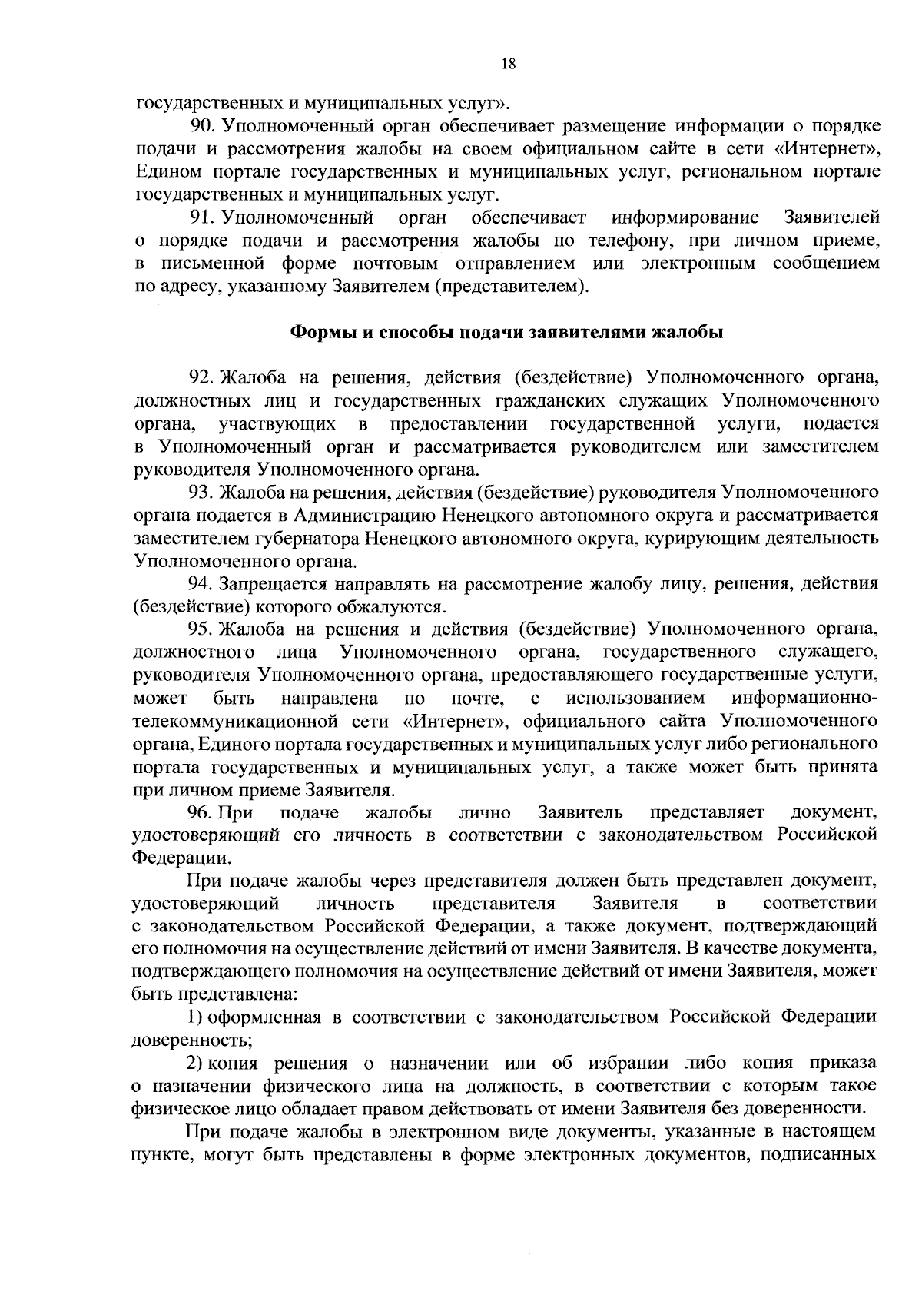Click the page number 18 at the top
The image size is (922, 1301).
508,65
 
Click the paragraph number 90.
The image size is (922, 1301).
203,125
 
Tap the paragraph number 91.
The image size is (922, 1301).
203,217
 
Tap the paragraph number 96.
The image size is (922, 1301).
203,813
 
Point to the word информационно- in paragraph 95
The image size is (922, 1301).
804,699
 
